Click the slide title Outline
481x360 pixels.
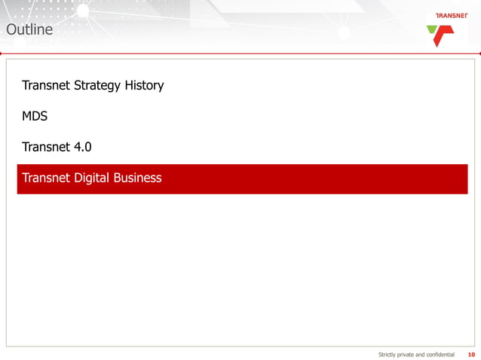tap(29, 30)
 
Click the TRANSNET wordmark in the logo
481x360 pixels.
tap(453, 16)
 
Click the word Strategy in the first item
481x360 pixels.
tap(98, 86)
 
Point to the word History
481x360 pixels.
tap(145, 85)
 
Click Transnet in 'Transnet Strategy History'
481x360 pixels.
tap(47, 85)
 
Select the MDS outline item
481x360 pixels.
tap(35, 117)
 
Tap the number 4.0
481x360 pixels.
tap(83, 147)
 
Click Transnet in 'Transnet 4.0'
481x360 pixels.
tap(47, 147)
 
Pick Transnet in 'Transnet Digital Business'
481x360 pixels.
tap(47, 178)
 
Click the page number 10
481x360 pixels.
tap(471, 354)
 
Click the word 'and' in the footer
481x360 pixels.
tap(424, 354)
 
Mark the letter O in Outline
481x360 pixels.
tap(11, 30)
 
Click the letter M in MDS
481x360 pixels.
tap(26, 117)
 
